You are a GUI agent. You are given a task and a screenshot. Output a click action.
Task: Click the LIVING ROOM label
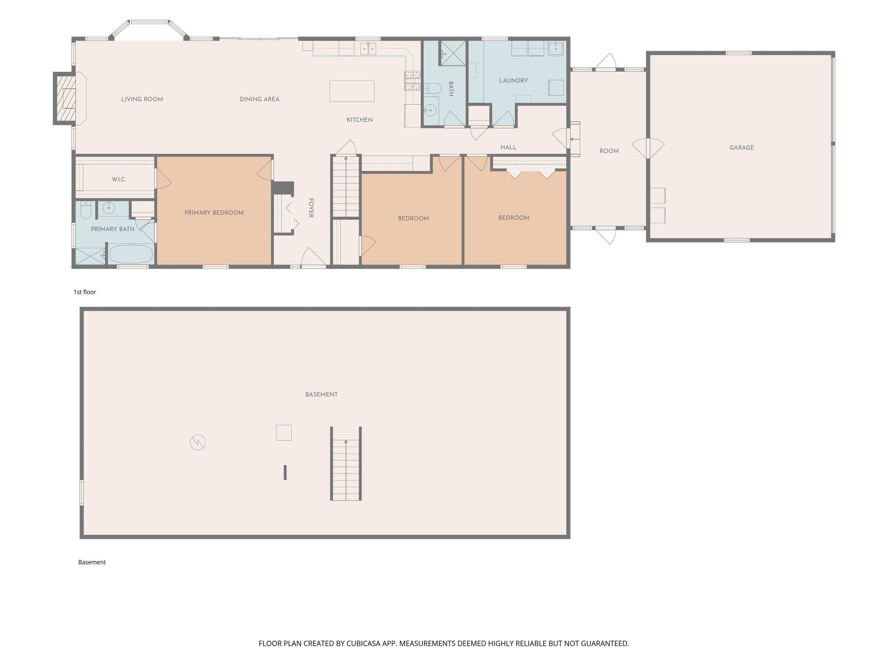click(x=142, y=99)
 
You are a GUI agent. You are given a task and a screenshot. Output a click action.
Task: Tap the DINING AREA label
click(x=259, y=99)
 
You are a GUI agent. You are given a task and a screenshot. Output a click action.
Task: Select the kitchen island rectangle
click(x=352, y=91)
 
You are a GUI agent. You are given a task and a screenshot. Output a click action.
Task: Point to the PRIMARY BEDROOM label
click(x=214, y=213)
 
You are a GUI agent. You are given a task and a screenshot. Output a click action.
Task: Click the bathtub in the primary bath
click(x=131, y=254)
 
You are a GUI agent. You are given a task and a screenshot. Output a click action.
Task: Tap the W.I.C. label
click(x=119, y=180)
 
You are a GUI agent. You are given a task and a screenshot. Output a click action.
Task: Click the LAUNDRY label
click(x=513, y=81)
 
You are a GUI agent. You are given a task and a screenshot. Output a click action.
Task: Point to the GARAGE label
click(x=741, y=148)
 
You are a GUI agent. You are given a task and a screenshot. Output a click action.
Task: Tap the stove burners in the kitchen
click(x=412, y=81)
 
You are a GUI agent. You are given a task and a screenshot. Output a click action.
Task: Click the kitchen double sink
click(x=368, y=49)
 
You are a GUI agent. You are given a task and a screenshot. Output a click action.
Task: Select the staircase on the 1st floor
click(x=346, y=187)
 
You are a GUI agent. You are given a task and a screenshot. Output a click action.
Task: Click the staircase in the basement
click(x=346, y=464)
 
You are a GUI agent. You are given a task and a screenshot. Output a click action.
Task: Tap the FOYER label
click(x=311, y=208)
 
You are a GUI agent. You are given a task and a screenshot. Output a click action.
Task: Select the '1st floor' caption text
click(x=85, y=292)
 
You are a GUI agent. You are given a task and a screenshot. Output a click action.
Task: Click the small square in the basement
click(x=284, y=433)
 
